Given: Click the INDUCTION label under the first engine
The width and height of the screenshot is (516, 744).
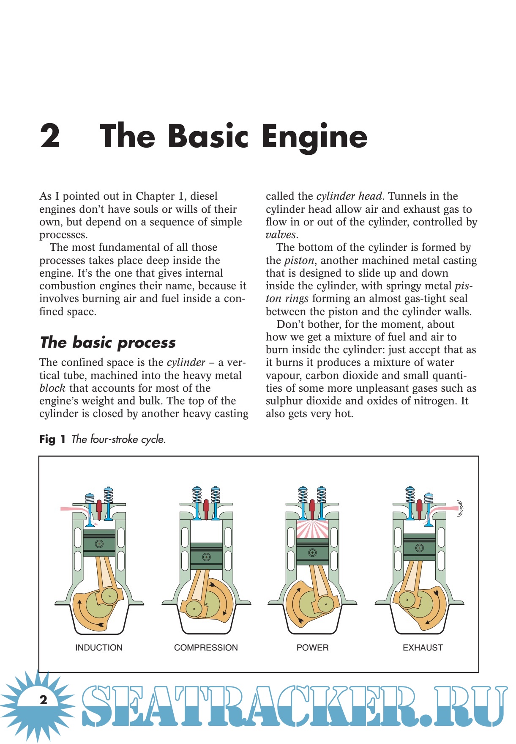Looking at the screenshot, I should pyautogui.click(x=99, y=648).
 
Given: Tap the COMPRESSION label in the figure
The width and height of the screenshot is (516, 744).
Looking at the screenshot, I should pyautogui.click(x=206, y=648).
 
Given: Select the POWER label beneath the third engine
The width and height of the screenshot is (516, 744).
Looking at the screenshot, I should pyautogui.click(x=312, y=648).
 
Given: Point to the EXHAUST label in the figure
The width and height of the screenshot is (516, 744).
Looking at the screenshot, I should pyautogui.click(x=423, y=648).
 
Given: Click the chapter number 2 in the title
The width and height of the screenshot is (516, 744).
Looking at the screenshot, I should pyautogui.click(x=50, y=136).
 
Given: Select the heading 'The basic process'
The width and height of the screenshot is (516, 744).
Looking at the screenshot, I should pyautogui.click(x=108, y=342).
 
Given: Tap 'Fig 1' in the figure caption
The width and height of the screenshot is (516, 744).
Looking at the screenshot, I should pyautogui.click(x=52, y=439).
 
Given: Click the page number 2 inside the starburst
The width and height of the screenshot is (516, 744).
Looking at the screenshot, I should pyautogui.click(x=43, y=700).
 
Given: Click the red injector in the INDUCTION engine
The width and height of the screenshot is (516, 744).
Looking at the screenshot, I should pyautogui.click(x=99, y=509).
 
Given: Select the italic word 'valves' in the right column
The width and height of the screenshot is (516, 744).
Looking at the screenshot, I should pyautogui.click(x=281, y=235).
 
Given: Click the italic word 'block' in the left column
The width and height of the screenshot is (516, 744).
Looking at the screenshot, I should pyautogui.click(x=52, y=388).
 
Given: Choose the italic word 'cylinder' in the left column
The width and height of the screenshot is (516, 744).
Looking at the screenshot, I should pyautogui.click(x=186, y=362).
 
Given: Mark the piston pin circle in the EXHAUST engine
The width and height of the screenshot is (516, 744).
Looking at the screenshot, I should pyautogui.click(x=419, y=548).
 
